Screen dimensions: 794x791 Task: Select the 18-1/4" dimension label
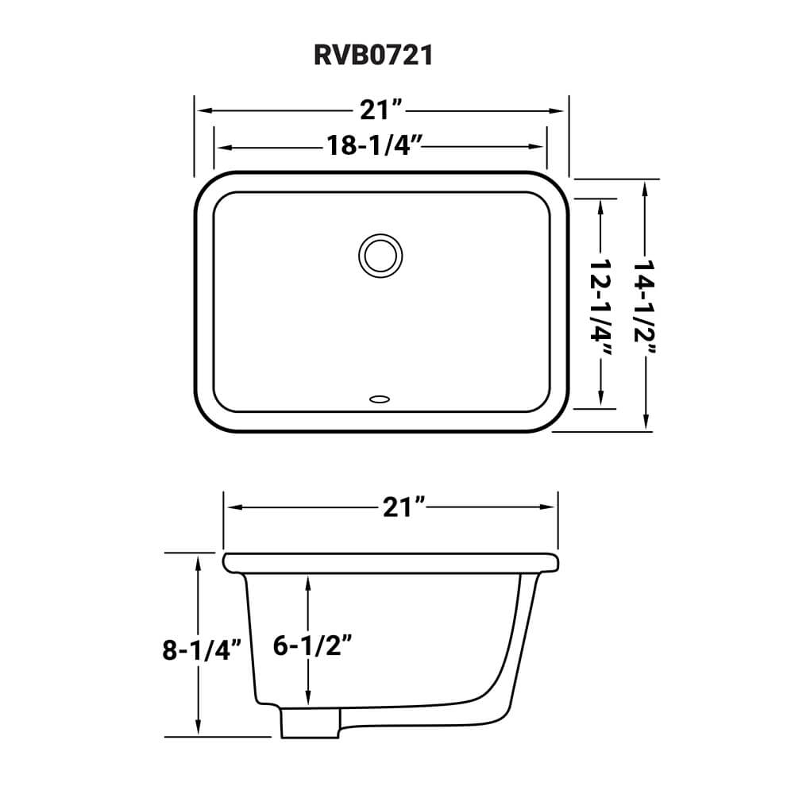372,146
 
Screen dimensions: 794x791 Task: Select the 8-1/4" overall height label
202,650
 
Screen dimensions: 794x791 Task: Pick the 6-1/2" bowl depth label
312,646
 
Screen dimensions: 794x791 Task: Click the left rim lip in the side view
231,562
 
